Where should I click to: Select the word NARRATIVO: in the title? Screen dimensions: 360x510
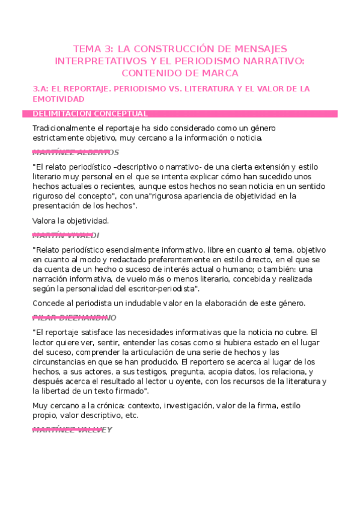(x=274, y=61)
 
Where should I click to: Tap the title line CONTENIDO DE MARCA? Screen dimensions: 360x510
(x=180, y=73)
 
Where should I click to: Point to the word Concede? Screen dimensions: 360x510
(x=49, y=303)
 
